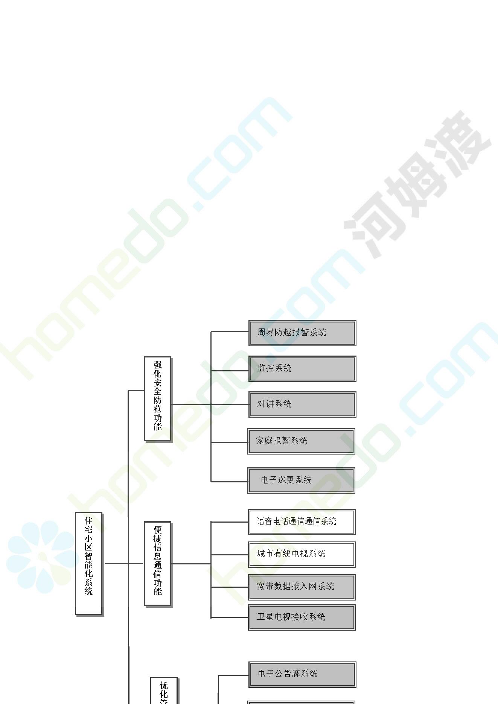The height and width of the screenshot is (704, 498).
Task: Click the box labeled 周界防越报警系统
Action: [x=302, y=333]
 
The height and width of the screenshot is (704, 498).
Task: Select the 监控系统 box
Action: [x=302, y=369]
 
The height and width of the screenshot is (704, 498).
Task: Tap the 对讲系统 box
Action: [x=302, y=404]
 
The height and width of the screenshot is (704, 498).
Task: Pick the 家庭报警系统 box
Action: [x=301, y=441]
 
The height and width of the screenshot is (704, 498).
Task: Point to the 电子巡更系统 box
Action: [x=301, y=480]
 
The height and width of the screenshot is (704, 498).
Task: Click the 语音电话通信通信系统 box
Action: [x=302, y=522]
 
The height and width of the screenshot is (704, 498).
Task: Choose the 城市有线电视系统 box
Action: [x=302, y=555]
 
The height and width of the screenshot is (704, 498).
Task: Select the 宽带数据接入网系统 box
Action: [x=302, y=587]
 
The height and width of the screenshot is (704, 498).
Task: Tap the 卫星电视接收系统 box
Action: [x=302, y=617]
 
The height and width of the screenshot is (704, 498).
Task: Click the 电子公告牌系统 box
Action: [x=302, y=675]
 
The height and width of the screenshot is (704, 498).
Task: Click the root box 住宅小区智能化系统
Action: [x=89, y=564]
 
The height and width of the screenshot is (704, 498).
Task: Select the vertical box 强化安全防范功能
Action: [x=158, y=399]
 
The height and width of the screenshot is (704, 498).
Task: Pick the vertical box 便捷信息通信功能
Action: [x=158, y=564]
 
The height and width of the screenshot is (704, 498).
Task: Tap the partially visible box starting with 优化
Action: [x=164, y=690]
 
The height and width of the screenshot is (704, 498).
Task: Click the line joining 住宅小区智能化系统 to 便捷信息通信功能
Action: [x=124, y=563]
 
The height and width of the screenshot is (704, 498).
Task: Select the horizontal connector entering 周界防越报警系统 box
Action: [x=230, y=332]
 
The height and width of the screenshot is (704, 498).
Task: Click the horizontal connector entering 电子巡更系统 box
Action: [x=229, y=481]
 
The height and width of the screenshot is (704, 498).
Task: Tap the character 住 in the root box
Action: [x=88, y=521]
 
